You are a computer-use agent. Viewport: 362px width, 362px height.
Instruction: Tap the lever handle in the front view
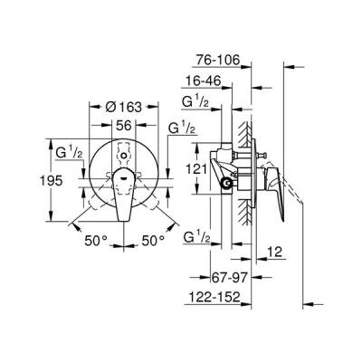coord(121,194)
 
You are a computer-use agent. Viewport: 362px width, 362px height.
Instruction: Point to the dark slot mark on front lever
coord(120,176)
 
